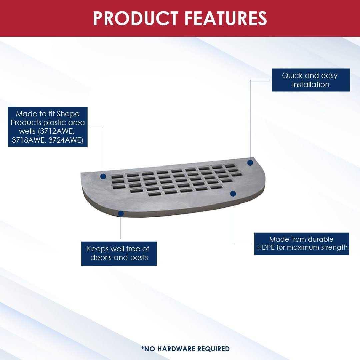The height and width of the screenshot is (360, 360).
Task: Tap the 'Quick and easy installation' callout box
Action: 311,80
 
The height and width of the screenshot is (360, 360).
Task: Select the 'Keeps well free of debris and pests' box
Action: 119,254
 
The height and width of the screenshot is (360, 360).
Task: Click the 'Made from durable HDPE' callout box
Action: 302,244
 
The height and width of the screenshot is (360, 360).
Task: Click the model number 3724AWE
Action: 65,140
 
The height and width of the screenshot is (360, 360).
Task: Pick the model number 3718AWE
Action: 28,140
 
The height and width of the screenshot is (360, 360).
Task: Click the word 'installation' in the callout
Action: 311,85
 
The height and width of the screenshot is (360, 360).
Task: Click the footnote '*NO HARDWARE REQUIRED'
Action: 185,349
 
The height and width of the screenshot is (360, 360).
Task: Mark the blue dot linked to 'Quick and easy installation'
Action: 250,163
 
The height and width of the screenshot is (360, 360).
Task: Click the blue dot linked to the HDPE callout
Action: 233,194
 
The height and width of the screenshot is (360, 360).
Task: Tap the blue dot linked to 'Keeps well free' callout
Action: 121,213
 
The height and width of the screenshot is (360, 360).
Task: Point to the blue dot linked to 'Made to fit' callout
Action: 103,176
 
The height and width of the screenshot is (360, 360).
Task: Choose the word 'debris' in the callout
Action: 101,258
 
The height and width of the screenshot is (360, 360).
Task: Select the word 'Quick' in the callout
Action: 293,76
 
